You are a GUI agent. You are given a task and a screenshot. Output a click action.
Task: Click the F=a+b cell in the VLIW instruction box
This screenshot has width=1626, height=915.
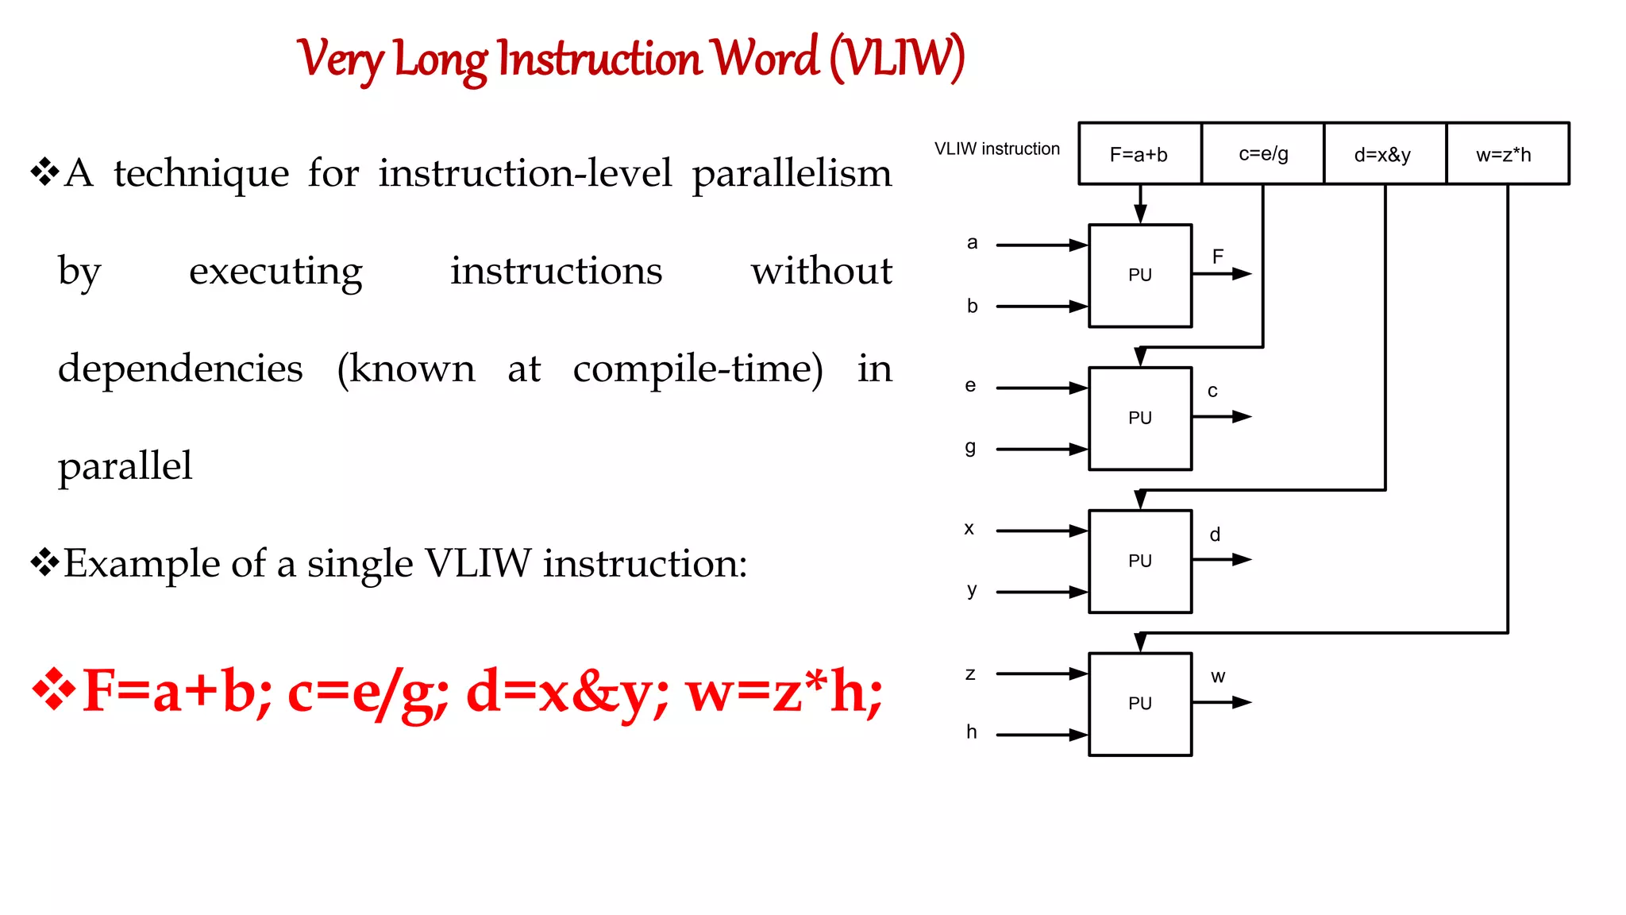coord(1139,154)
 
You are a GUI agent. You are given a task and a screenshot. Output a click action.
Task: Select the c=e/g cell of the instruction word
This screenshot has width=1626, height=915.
coord(1262,154)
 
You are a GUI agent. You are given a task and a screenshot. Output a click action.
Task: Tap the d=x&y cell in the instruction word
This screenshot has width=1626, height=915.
coord(1384,154)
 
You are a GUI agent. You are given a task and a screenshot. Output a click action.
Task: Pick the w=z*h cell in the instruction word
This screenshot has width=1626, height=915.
coord(1506,154)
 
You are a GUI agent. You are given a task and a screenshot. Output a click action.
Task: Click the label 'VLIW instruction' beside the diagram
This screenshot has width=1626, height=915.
coord(996,149)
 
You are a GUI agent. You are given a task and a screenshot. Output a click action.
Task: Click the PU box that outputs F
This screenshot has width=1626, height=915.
coord(1139,276)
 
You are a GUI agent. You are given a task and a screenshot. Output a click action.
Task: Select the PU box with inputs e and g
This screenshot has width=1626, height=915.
coord(1139,419)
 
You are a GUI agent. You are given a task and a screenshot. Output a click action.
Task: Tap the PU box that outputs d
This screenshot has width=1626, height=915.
coord(1139,562)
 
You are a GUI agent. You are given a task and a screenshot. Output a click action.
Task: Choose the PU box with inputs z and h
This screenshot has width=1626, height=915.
coord(1139,705)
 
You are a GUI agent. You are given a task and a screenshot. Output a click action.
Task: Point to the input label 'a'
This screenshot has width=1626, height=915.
coord(972,243)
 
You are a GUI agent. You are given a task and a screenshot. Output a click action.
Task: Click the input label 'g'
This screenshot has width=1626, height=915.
coord(970,447)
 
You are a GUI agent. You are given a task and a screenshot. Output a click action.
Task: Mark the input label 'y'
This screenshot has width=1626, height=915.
coord(972,590)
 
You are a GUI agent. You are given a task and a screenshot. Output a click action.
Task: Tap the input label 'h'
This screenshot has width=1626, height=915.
coord(972,732)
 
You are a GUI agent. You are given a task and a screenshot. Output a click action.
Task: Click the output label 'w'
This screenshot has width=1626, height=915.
coord(1218,677)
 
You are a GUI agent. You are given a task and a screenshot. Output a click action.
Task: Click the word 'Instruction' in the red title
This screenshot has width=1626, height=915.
coord(600,60)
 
